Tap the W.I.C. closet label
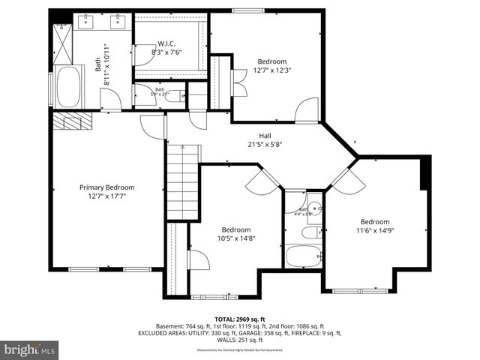click(x=166, y=43)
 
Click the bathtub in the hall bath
click(x=303, y=255)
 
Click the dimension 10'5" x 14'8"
click(x=235, y=239)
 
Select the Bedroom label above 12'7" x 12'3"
click(x=272, y=61)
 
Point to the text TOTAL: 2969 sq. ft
click(x=239, y=319)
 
